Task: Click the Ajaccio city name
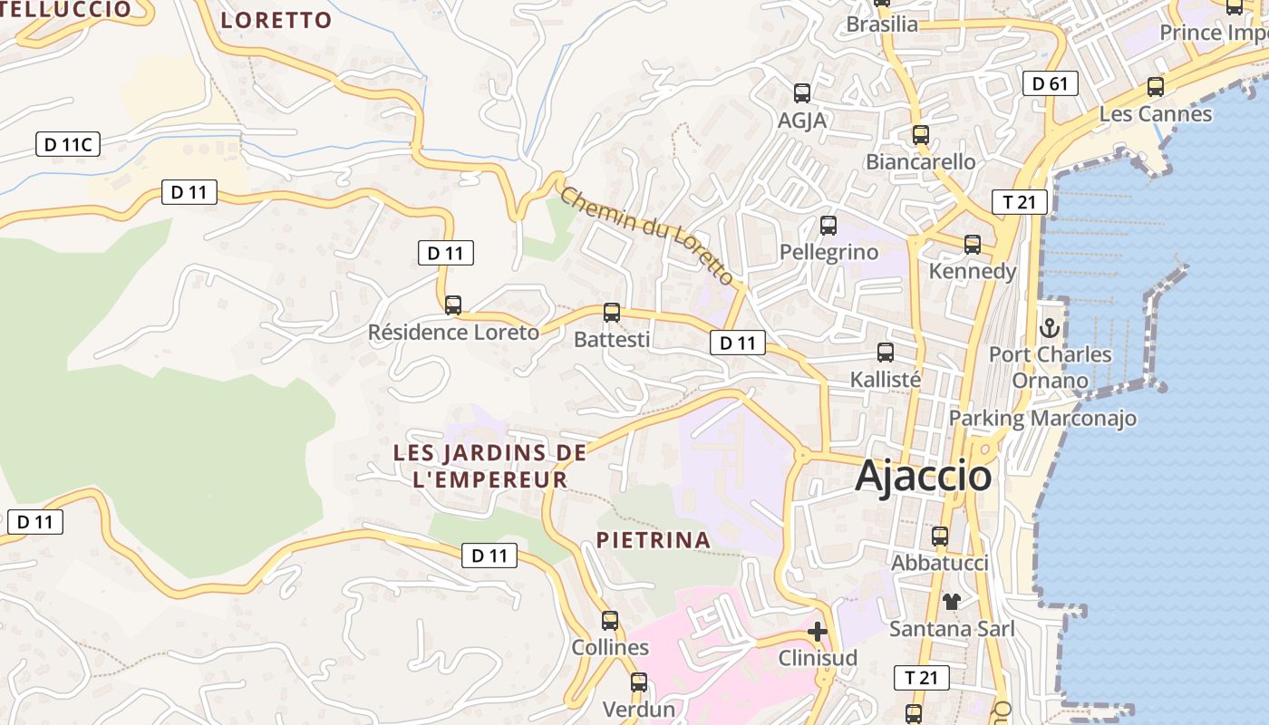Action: pyautogui.click(x=923, y=476)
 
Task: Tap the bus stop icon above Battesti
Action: pyautogui.click(x=612, y=313)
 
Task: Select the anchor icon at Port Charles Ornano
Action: pyautogui.click(x=1050, y=327)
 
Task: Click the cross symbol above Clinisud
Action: pyautogui.click(x=818, y=632)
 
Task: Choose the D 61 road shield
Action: pyautogui.click(x=1051, y=84)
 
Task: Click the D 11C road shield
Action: pyautogui.click(x=67, y=144)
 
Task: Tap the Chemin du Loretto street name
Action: pyautogui.click(x=646, y=235)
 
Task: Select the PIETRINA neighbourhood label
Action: pyautogui.click(x=653, y=540)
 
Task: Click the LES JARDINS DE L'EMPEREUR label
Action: pyautogui.click(x=489, y=466)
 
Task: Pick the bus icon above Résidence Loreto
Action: pyautogui.click(x=453, y=305)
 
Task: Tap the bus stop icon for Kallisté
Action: pyautogui.click(x=886, y=353)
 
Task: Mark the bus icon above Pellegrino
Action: pyautogui.click(x=828, y=226)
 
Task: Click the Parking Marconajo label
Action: pyautogui.click(x=1042, y=418)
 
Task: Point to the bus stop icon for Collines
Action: pyautogui.click(x=610, y=621)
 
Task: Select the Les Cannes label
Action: pyautogui.click(x=1155, y=114)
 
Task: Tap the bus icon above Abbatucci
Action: pyautogui.click(x=940, y=536)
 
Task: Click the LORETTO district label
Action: pyautogui.click(x=276, y=20)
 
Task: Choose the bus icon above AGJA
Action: pyautogui.click(x=802, y=92)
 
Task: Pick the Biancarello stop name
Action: pyautogui.click(x=921, y=162)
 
